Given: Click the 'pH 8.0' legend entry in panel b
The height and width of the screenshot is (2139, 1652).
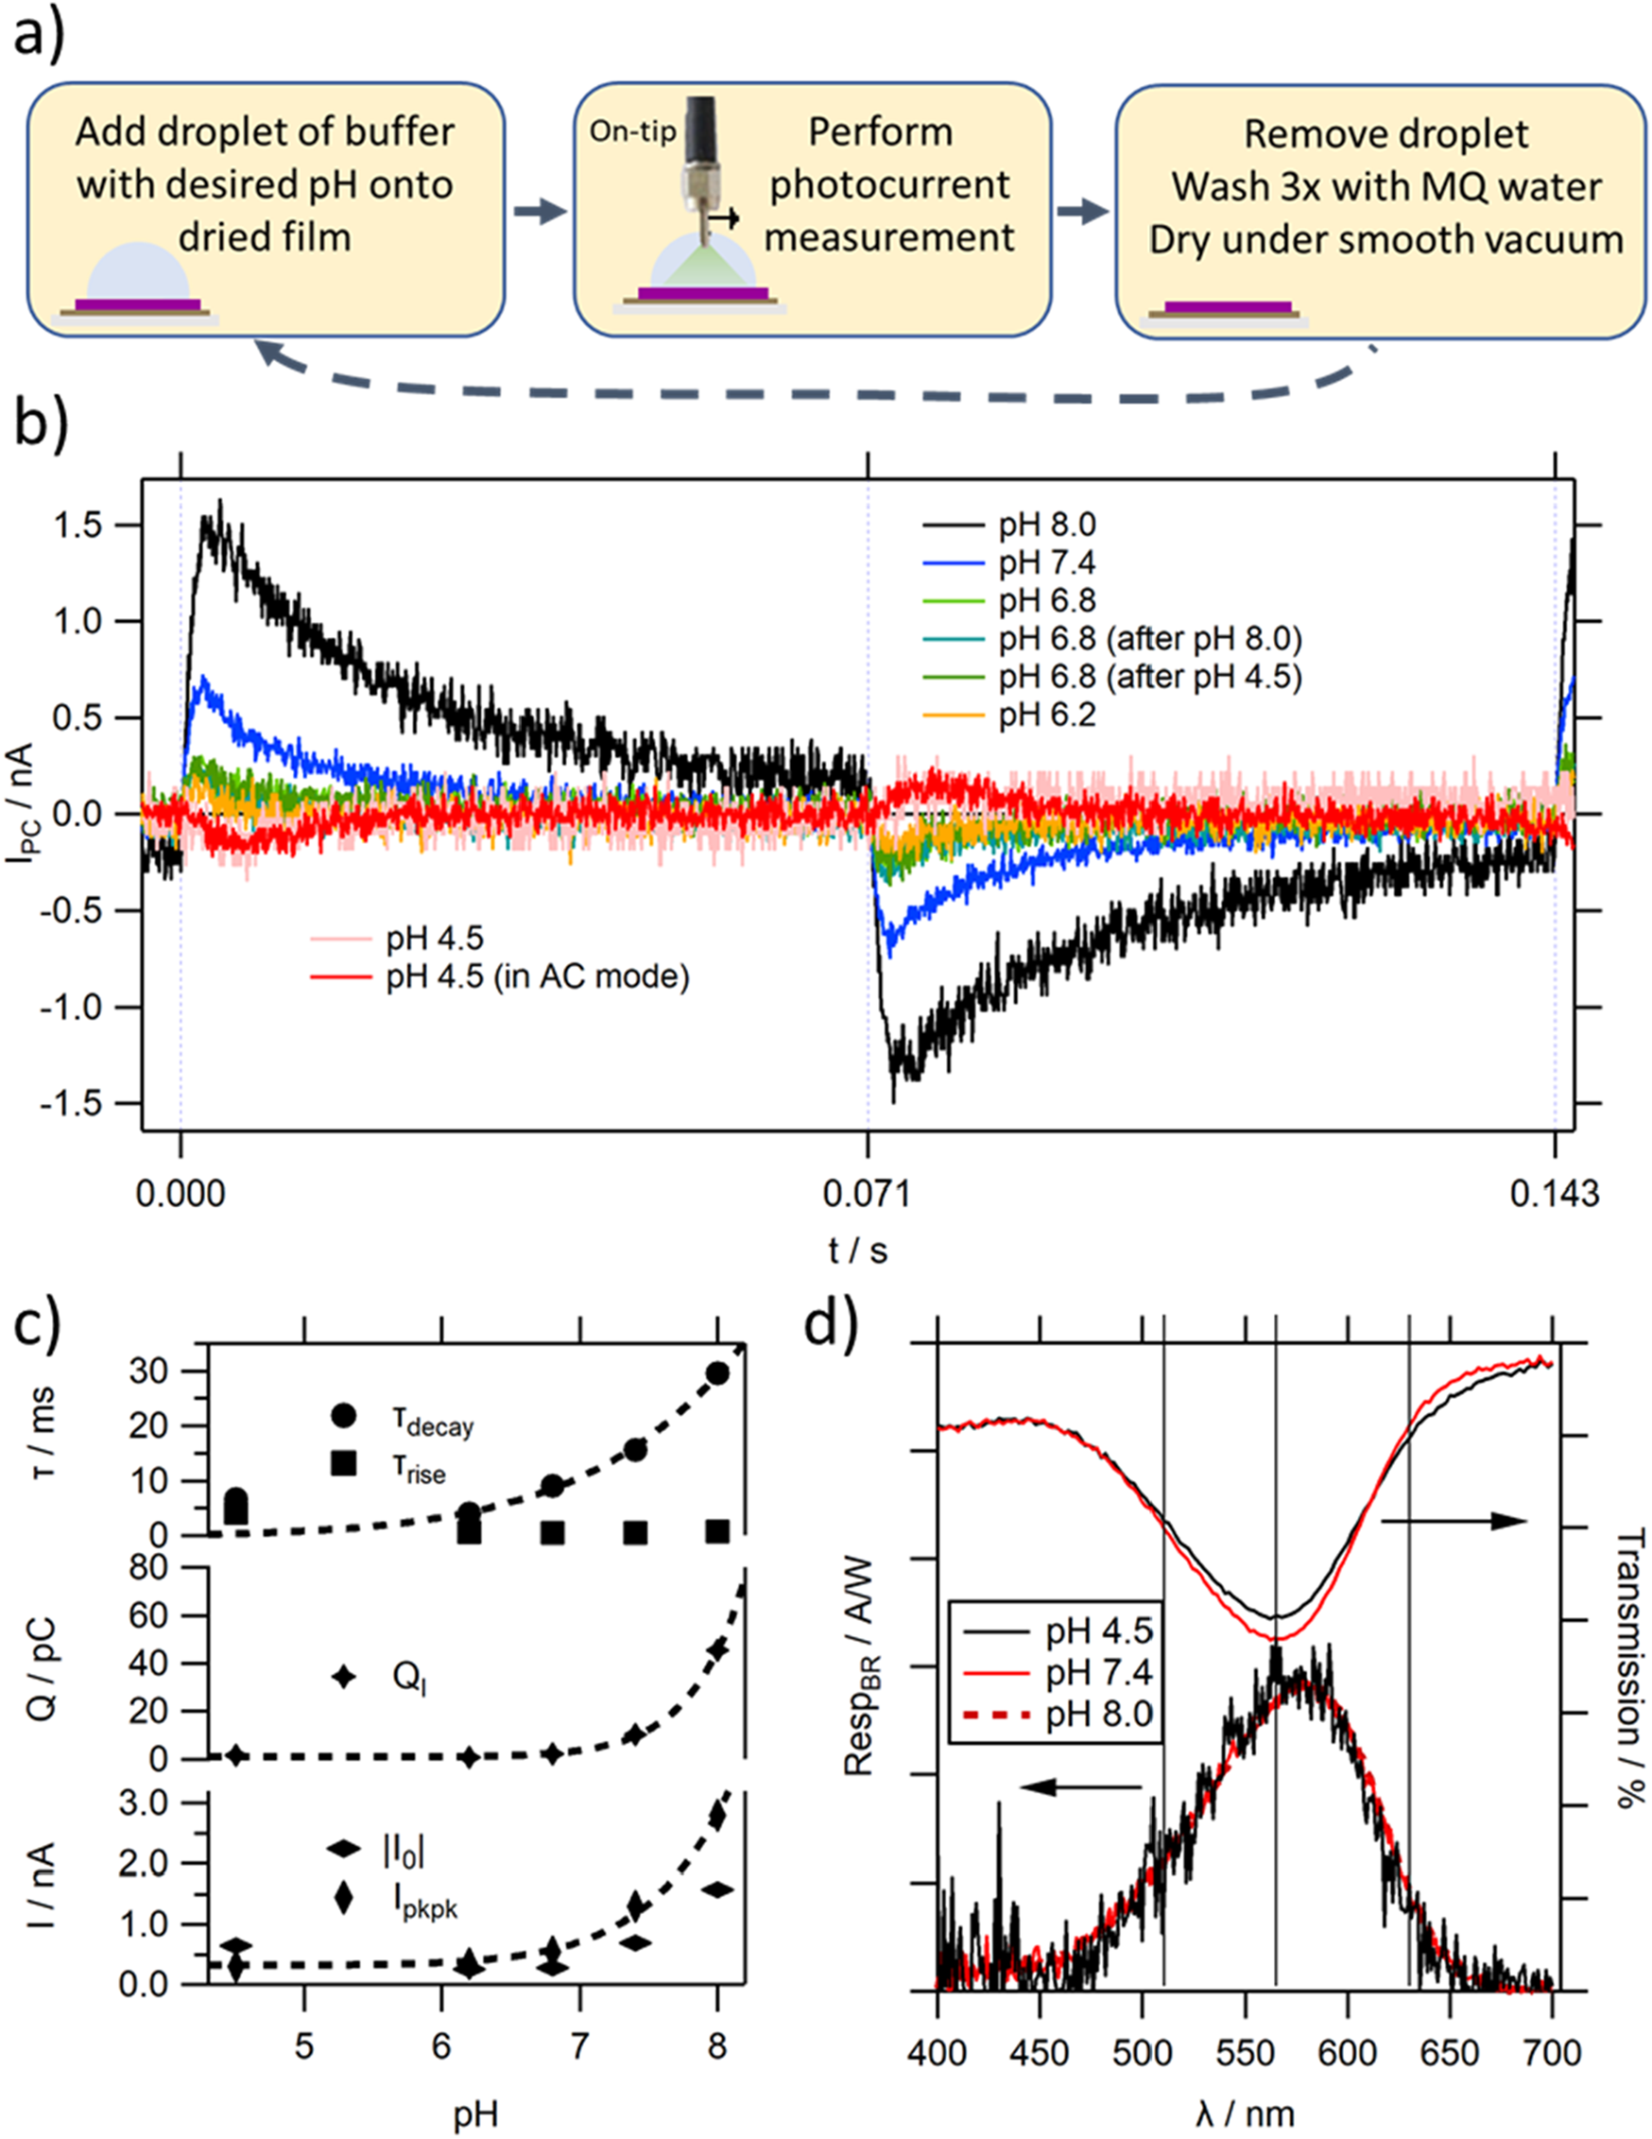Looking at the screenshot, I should [1046, 525].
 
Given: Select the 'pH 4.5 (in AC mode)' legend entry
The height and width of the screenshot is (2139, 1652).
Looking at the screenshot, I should [537, 976].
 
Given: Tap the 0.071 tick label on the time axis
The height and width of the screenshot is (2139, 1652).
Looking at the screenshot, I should [866, 1193].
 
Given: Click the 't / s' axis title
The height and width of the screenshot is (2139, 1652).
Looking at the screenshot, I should [857, 1251].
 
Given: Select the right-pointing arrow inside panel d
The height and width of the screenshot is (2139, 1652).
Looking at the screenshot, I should [1454, 1520].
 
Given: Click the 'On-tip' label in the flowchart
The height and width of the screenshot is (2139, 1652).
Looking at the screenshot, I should [631, 131].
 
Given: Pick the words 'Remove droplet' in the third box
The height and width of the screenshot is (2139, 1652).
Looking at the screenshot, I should [1385, 134].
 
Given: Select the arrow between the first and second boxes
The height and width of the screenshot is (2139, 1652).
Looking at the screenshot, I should [540, 212].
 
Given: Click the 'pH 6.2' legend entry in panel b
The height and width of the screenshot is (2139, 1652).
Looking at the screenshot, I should [1046, 716].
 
